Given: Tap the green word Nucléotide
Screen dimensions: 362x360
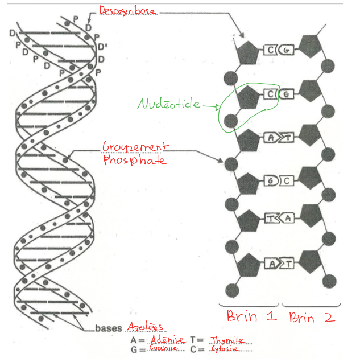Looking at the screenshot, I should pos(169,104).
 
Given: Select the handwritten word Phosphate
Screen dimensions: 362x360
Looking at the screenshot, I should pos(134,161).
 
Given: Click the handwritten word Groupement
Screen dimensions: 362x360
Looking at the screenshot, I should pos(135,147).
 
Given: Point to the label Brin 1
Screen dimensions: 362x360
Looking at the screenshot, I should pos(251,316).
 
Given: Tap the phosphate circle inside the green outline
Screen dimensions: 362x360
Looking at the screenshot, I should pos(230,120).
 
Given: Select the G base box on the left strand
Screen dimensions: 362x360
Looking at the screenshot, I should pos(270,181).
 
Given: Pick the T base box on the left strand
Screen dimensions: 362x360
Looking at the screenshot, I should pos(269,218).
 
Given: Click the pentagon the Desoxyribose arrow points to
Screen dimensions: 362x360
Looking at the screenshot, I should pos(247,52).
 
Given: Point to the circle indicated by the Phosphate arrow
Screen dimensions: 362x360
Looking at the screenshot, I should pos(230,164).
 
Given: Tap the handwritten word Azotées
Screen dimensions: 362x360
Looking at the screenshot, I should pos(146,327).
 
